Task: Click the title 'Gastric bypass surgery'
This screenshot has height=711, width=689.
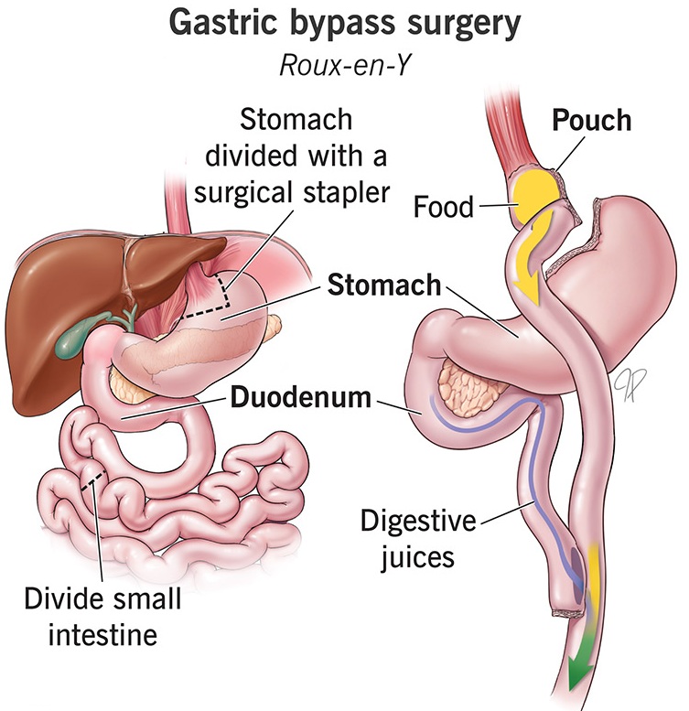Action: coord(345,25)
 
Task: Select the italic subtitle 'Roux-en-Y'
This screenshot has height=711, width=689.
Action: coord(345,64)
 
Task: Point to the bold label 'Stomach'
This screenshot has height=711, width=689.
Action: coord(382,285)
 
